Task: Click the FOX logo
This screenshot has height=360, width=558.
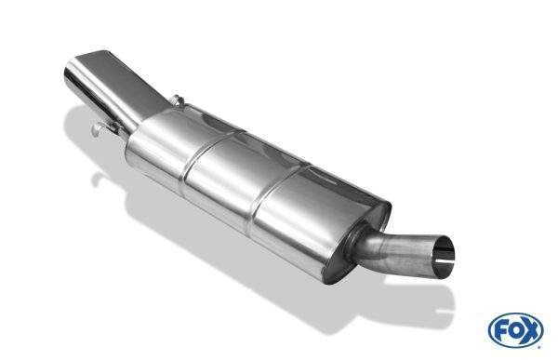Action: (516, 330)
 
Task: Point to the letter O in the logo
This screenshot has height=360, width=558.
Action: (515, 330)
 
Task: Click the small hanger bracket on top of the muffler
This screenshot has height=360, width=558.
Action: (177, 100)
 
